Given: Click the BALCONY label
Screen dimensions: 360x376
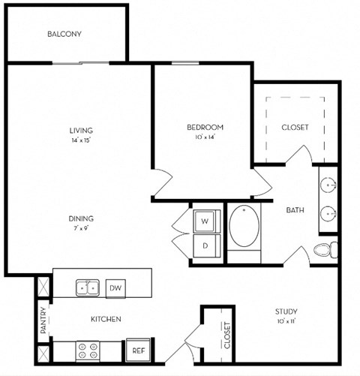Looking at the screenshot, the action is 64,34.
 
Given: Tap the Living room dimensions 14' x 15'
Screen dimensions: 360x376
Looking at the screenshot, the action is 81,140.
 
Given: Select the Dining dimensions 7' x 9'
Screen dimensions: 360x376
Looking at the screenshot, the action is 81,228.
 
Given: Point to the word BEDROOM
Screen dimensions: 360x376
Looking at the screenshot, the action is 205,128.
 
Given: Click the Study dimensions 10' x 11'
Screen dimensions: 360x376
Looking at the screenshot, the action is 286,321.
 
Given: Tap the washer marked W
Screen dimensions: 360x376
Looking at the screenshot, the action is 205,221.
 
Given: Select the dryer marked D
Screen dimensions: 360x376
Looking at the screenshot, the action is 205,245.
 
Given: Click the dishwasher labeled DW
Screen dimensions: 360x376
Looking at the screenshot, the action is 115,288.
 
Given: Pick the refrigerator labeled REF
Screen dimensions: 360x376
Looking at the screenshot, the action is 138,350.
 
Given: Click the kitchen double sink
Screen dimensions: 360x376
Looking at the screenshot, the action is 88,287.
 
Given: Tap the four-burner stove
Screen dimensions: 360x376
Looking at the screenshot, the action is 88,351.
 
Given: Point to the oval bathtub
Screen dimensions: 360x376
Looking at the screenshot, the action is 244,226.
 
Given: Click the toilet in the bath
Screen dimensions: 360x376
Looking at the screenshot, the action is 325,250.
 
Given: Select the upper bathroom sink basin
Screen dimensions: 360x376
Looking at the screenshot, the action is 328,185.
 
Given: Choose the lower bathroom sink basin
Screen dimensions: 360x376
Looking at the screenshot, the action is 328,214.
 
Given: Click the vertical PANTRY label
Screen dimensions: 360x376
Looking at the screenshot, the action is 43,320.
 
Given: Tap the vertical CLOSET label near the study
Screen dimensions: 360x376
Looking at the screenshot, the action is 227,335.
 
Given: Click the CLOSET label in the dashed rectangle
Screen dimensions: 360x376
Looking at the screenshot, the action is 295,128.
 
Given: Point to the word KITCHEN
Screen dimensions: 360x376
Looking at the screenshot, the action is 106,319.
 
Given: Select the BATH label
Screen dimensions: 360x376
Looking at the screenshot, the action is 295,210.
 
